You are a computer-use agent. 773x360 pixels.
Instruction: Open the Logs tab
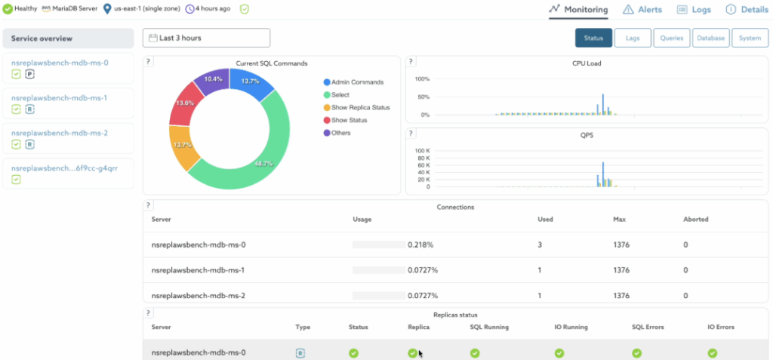coord(694,10)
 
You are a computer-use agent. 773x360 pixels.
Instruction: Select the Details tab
coord(747,10)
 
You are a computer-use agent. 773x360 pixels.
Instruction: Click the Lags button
coord(632,38)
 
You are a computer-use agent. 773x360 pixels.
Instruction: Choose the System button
coord(750,38)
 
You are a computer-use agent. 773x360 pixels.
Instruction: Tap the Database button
coord(710,38)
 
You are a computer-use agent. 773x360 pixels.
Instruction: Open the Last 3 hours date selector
coord(206,38)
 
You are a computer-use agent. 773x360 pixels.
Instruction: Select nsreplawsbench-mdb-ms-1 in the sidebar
coord(60,98)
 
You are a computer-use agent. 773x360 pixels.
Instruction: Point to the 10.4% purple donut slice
coord(213,79)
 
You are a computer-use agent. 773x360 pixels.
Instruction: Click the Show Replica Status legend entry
coord(360,107)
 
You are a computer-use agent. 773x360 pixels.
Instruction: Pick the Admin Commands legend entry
coord(357,82)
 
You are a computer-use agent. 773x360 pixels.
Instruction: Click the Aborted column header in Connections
coord(695,220)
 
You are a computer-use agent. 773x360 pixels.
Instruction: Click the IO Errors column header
coord(720,327)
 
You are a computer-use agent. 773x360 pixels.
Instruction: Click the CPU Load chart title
coord(586,63)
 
